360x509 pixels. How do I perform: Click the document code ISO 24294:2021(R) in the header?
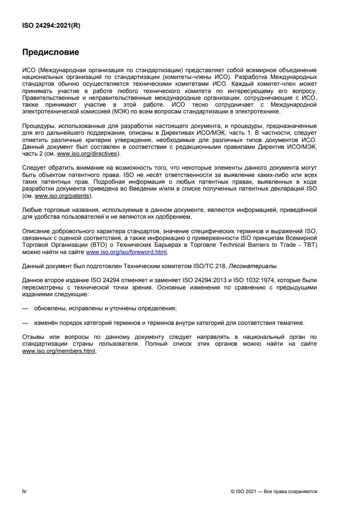click(51, 25)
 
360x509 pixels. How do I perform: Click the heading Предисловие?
click(50, 52)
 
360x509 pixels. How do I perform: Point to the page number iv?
click(25, 491)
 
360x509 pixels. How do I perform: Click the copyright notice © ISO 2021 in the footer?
click(245, 492)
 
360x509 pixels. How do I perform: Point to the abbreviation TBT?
click(311, 245)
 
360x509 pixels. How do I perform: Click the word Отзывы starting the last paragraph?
click(33, 337)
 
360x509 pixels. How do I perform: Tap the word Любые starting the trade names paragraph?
click(31, 210)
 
